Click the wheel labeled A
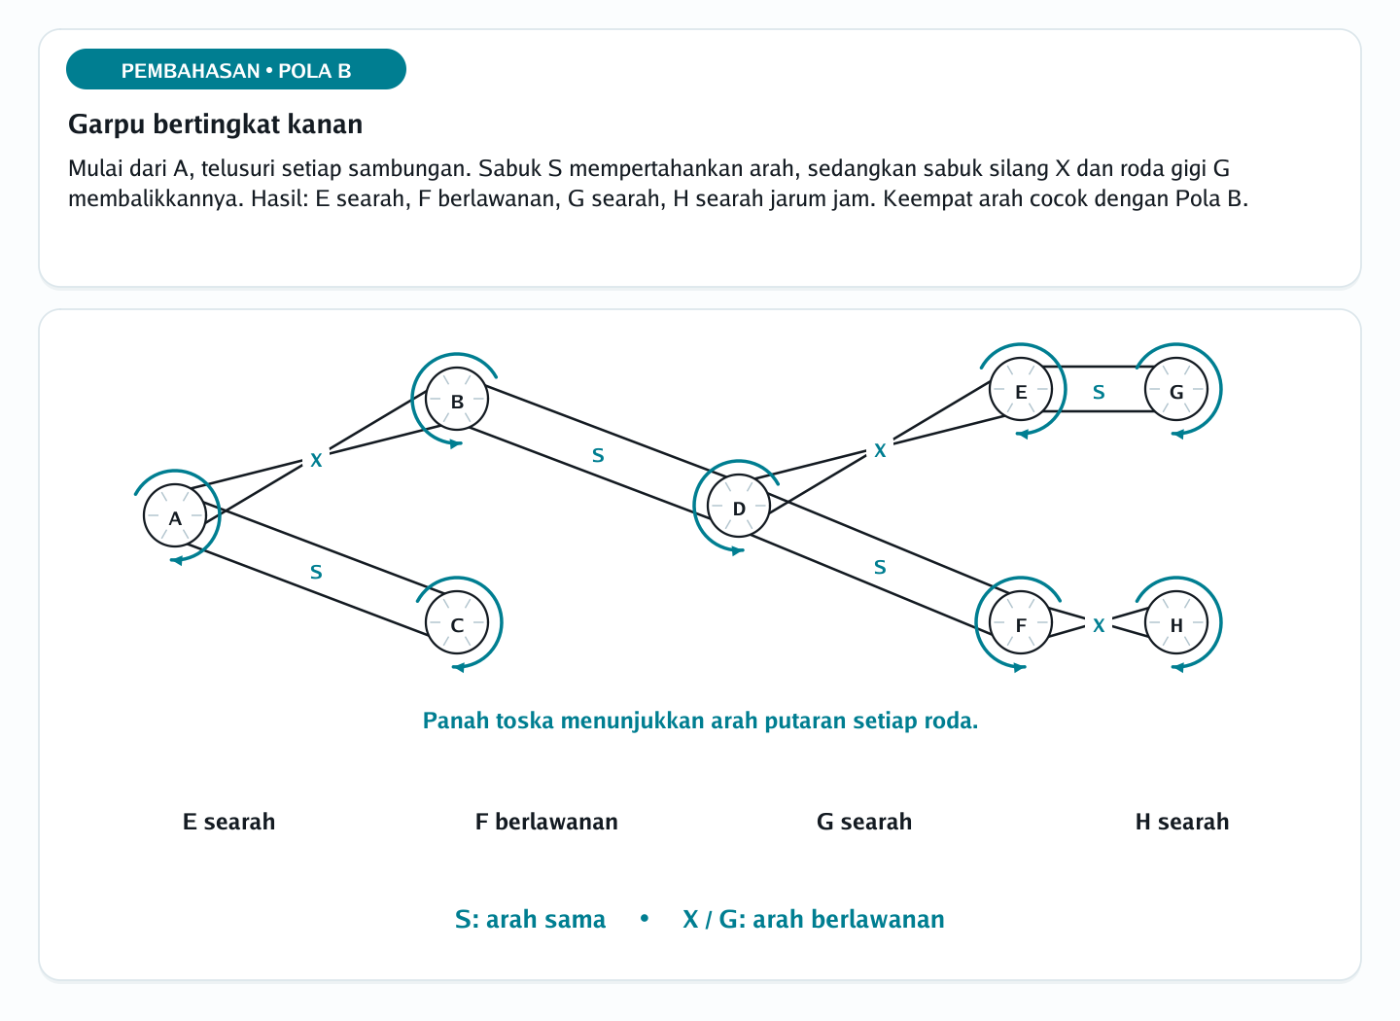175,515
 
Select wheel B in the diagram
457,399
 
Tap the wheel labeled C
457,622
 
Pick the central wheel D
739,506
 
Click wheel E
1021,389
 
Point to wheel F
1021,622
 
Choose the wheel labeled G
1176,389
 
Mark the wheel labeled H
1176,622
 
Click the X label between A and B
316,460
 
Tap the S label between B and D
598,455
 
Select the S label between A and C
316,572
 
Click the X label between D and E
880,450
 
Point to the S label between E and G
1099,392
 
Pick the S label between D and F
880,567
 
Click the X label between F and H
1099,625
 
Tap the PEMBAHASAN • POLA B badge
236,69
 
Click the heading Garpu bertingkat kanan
216,123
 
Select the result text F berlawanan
546,822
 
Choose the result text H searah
1182,822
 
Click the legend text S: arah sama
530,919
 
